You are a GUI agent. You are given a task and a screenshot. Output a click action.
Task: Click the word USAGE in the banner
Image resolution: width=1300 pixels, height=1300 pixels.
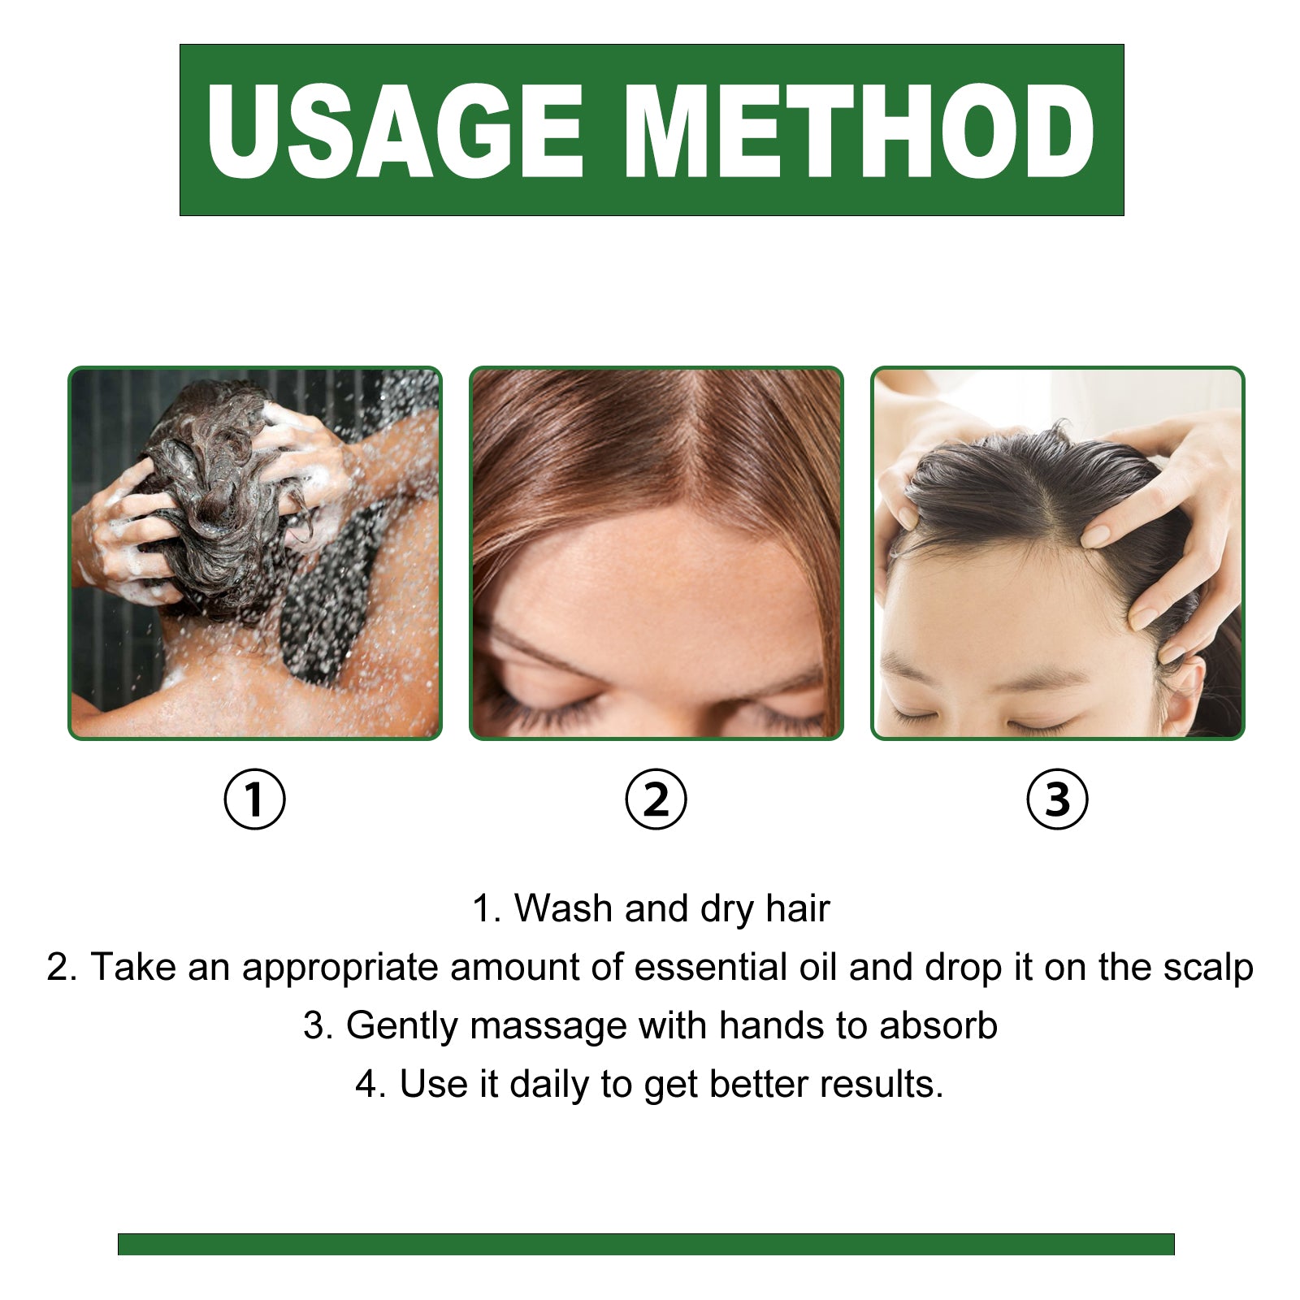click(x=395, y=132)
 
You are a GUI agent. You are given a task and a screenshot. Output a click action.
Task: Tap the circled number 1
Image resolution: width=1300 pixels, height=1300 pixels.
click(x=254, y=799)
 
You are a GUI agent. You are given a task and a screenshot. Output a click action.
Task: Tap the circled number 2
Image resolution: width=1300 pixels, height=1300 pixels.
click(x=656, y=799)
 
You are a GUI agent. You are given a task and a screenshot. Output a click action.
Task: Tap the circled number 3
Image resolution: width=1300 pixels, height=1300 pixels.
click(x=1057, y=799)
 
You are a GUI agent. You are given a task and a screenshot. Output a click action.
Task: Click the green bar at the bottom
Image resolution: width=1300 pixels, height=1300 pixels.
click(x=646, y=1244)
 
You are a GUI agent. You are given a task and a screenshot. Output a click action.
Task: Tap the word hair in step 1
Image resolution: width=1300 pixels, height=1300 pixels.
click(x=797, y=908)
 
